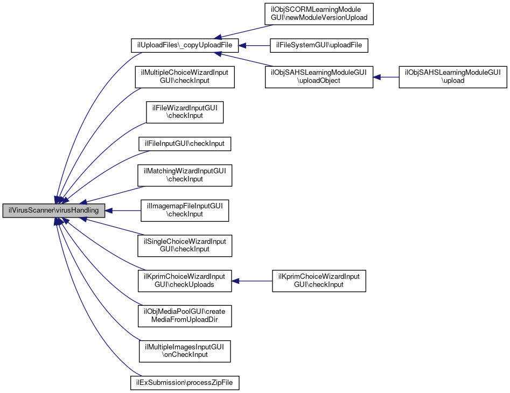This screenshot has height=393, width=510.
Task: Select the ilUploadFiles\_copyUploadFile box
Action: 185,46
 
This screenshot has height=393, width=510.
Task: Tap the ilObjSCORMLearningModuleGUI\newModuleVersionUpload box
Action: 319,13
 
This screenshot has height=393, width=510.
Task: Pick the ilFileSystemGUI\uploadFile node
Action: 319,46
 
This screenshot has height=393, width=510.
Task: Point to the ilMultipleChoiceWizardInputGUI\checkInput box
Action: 185,76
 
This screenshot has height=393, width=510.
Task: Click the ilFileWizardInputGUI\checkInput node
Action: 185,112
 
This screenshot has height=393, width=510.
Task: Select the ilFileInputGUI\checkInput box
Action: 185,144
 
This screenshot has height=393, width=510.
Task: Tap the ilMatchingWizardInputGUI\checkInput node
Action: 185,176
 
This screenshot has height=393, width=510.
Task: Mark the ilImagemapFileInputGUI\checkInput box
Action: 185,210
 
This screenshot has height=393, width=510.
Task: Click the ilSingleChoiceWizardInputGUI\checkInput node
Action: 185,245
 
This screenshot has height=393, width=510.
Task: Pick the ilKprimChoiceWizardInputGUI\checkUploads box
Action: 185,280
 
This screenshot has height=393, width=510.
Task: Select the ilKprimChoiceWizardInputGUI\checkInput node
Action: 319,280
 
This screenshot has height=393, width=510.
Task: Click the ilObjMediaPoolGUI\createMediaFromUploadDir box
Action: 185,315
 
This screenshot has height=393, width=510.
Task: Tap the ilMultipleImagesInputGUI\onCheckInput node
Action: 185,351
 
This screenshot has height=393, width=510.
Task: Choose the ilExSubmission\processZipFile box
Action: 185,383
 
